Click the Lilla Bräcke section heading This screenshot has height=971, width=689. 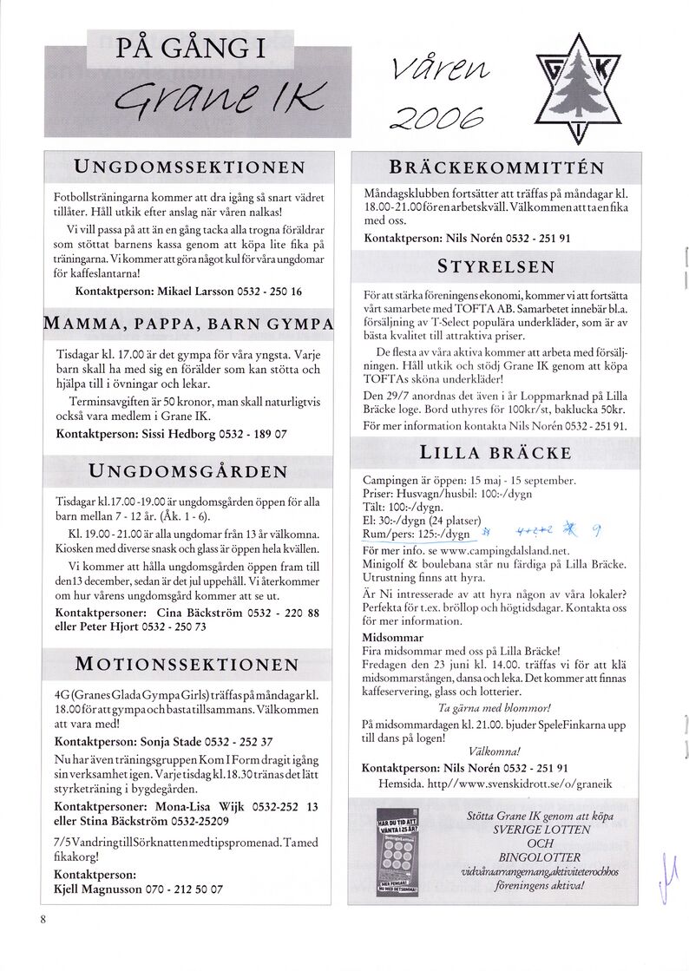pyautogui.click(x=495, y=453)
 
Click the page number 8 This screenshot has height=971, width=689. pyautogui.click(x=42, y=919)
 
